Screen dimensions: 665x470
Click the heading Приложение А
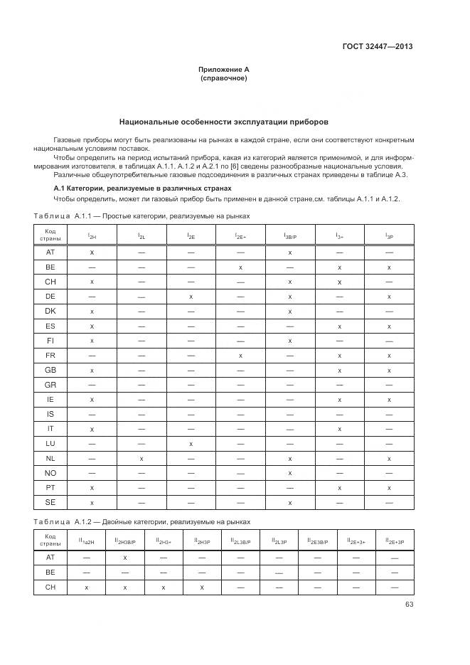(x=224, y=70)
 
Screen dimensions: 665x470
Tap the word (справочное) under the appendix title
(x=224, y=78)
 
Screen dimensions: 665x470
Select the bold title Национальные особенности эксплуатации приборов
(x=224, y=122)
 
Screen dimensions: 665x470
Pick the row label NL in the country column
(x=50, y=459)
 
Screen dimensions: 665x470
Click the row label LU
(x=50, y=444)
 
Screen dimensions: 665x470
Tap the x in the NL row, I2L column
(x=141, y=459)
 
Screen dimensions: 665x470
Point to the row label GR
(x=50, y=385)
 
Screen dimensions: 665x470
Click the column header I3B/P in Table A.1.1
(x=290, y=235)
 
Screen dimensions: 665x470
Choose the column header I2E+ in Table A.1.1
(x=240, y=235)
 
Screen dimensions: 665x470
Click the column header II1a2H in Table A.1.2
(x=86, y=541)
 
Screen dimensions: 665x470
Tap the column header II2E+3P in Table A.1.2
(x=394, y=541)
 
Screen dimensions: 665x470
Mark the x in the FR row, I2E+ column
(x=240, y=355)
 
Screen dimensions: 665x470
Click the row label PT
(x=50, y=488)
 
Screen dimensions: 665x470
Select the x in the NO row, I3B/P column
(x=290, y=473)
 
